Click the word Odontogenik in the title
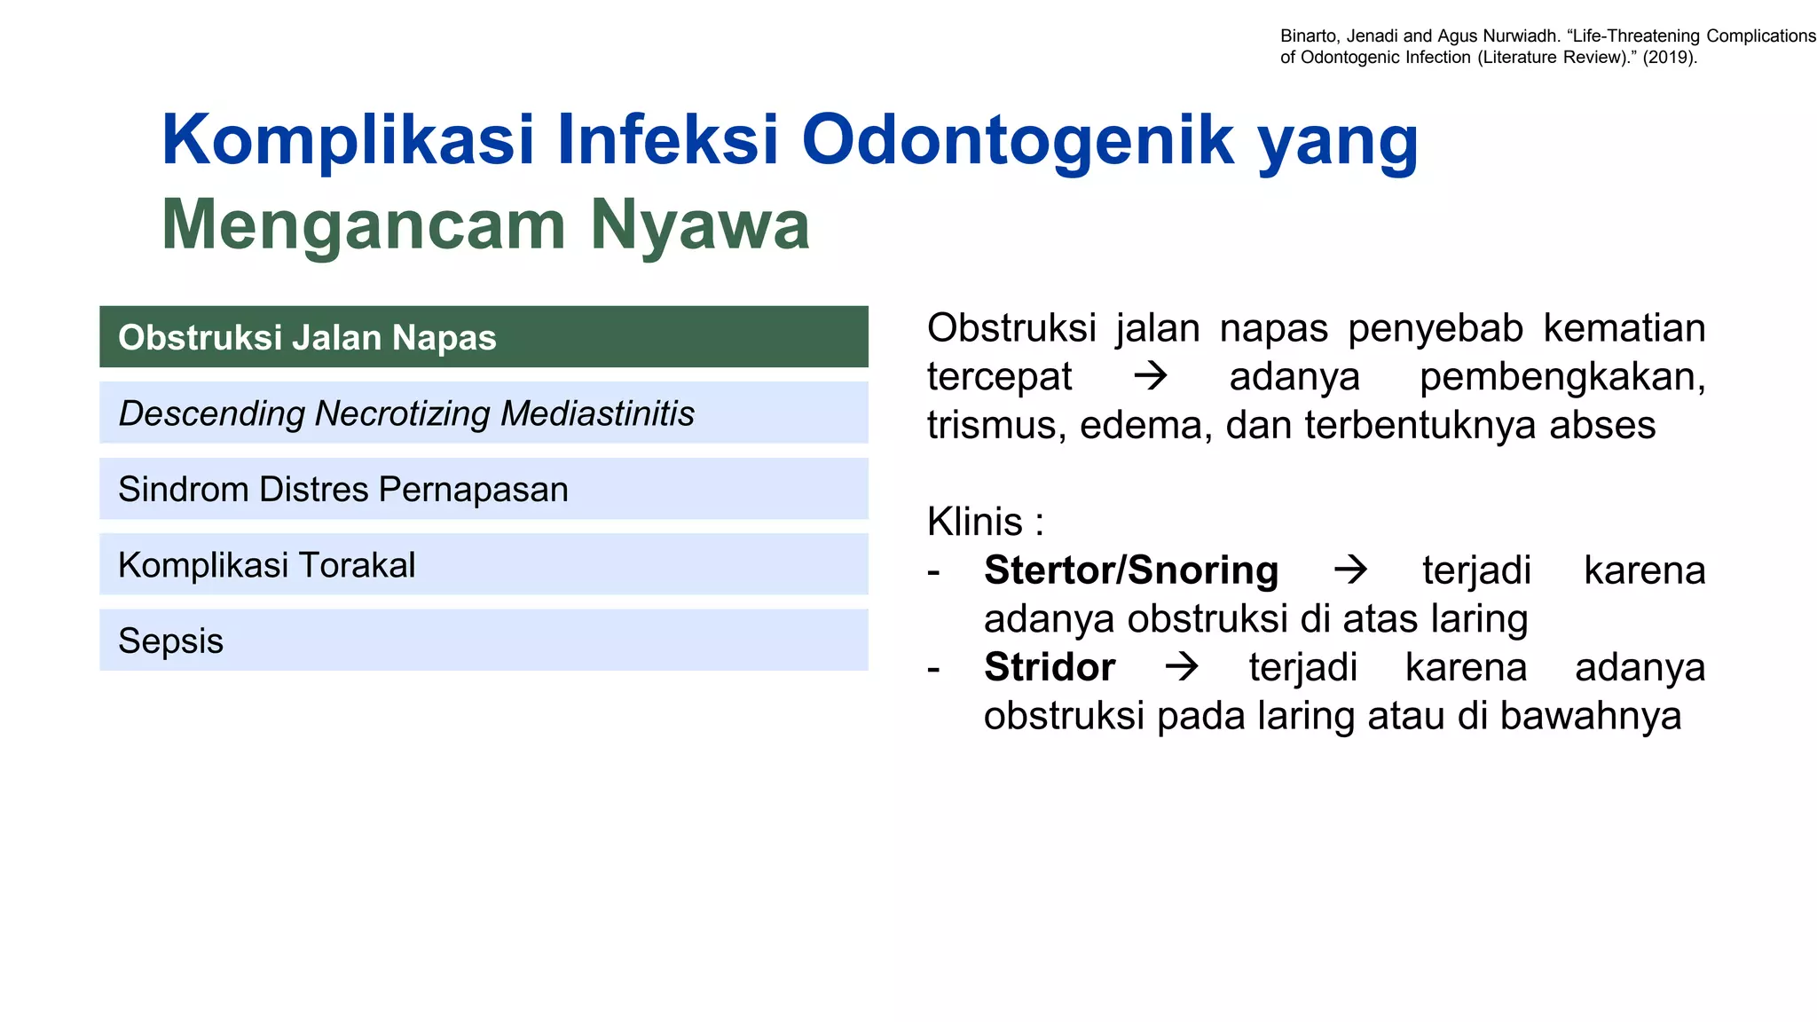pos(1018,140)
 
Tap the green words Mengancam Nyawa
pos(484,225)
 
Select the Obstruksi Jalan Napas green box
pos(484,337)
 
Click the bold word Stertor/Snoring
pos(1131,570)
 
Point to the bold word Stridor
pos(1050,667)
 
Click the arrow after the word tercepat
pos(1151,377)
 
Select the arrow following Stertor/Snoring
pos(1350,570)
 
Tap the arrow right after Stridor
pos(1182,667)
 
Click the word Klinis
pos(974,522)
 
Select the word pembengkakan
pos(1561,377)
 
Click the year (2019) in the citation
pos(1669,58)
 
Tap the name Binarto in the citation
pos(1308,36)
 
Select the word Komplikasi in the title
pos(348,140)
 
